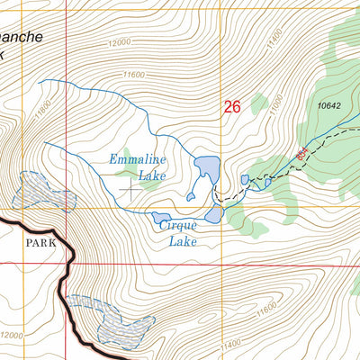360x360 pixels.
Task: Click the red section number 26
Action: click(x=232, y=107)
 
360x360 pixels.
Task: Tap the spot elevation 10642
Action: click(x=329, y=106)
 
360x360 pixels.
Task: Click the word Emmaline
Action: click(x=137, y=159)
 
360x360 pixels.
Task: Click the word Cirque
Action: click(x=178, y=226)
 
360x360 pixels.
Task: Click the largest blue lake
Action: click(x=207, y=168)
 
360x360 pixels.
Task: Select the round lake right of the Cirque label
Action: click(x=214, y=214)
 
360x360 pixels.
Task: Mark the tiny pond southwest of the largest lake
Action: click(x=191, y=194)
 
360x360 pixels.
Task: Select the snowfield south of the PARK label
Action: click(x=97, y=319)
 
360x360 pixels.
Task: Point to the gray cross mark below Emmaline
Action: click(x=131, y=190)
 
